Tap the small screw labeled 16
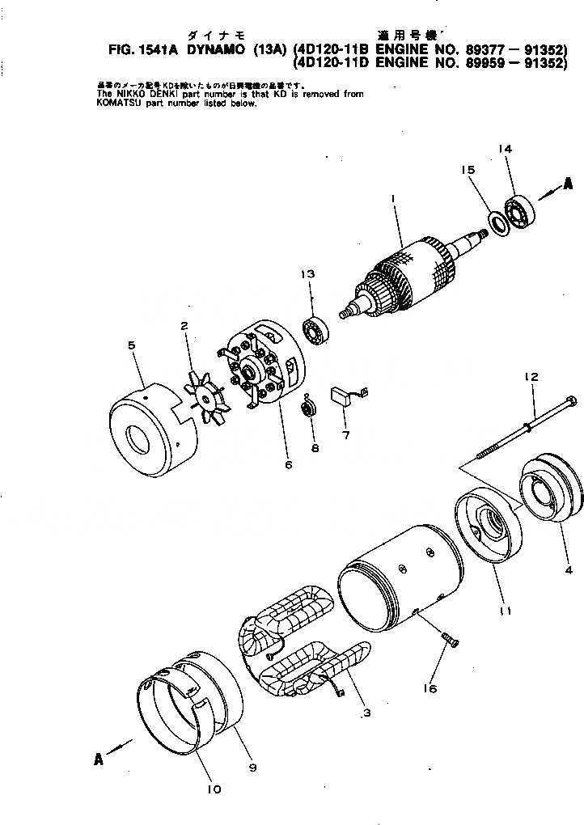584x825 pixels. [x=449, y=640]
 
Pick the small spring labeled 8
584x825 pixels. [x=307, y=408]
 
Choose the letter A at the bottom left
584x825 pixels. [x=99, y=758]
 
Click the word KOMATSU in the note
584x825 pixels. [x=121, y=104]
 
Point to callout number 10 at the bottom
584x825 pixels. [x=214, y=789]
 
